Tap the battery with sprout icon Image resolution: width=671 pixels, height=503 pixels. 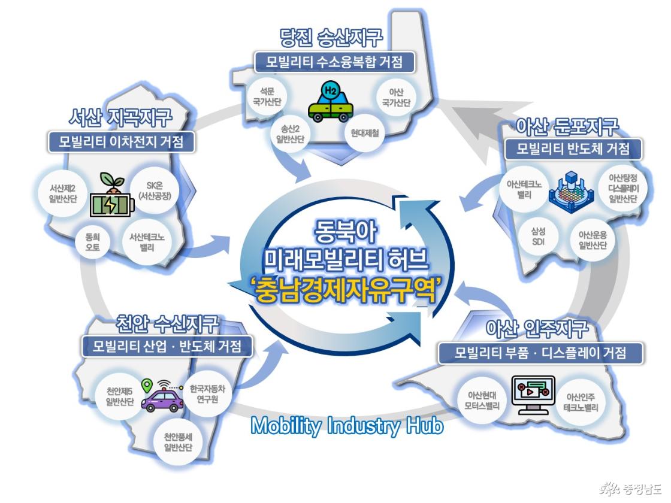pos(111,195)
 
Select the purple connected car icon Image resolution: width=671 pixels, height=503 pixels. pos(162,396)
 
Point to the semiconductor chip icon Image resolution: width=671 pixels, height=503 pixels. pos(572,190)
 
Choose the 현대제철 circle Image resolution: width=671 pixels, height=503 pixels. pos(365,133)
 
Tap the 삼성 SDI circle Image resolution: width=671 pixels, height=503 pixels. pos(538,237)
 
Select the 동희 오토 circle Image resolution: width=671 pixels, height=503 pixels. pos(92,242)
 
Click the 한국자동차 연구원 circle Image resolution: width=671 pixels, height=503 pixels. pos(207,394)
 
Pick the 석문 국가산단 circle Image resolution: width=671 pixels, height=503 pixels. pos(267,96)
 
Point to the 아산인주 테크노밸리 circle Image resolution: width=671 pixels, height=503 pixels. pos(581,402)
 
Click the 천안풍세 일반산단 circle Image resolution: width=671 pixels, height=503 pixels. pos(178,442)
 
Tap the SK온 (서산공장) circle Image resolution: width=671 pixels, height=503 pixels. pos(155,191)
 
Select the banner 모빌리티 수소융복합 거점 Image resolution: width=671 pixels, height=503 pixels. pos(334,62)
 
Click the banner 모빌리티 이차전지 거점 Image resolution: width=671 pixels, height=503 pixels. pos(120,141)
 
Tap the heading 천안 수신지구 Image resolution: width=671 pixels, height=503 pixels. pos(167,324)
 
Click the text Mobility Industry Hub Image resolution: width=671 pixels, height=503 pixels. pos(347,426)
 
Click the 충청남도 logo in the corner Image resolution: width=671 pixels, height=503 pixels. pos(631,488)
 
